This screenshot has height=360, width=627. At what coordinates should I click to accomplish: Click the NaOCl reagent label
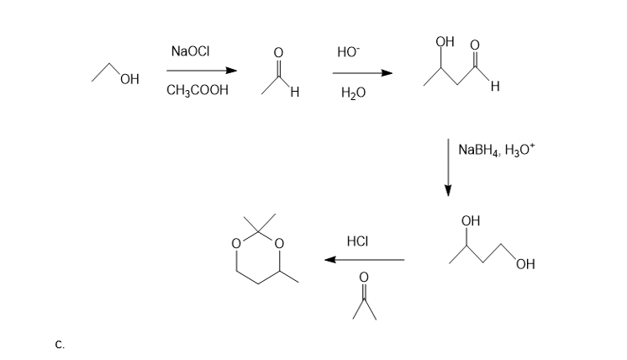(190, 51)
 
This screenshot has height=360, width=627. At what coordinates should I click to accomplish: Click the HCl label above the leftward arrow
(357, 241)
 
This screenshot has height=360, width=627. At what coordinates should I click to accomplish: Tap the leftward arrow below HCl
(364, 260)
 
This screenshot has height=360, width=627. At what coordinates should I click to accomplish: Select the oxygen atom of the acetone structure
(364, 278)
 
